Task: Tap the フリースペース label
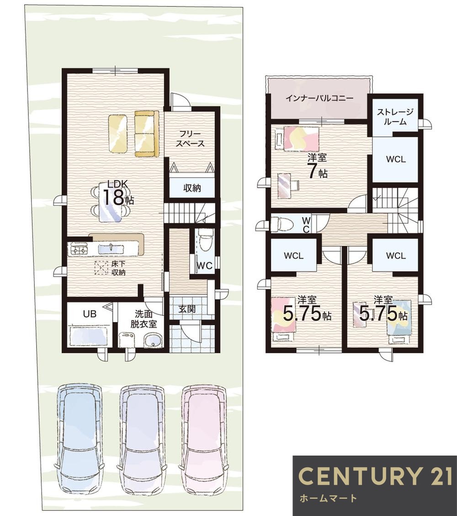[x=190, y=139]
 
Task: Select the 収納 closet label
[x=192, y=188]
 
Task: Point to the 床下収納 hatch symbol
[x=101, y=267]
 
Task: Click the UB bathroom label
[x=90, y=314]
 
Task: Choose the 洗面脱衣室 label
[x=143, y=319]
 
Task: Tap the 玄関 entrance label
[x=187, y=309]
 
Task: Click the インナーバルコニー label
[x=319, y=98]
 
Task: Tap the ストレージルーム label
[x=395, y=117]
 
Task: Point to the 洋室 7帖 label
[x=318, y=166]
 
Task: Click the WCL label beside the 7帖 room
[x=396, y=159]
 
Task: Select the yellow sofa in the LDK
[x=146, y=134]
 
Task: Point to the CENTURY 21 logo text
[x=375, y=475]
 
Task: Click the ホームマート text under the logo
[x=328, y=498]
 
